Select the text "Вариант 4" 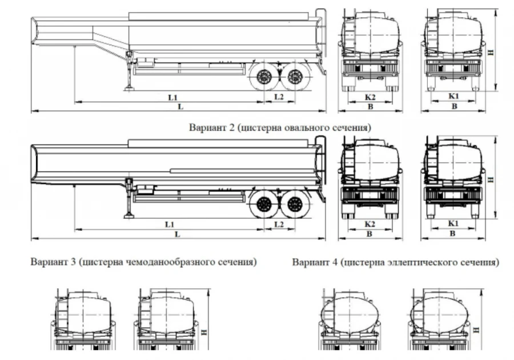(314, 262)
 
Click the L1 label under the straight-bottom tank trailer (170, 224)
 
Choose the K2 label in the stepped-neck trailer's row (370, 97)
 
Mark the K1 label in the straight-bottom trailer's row (454, 224)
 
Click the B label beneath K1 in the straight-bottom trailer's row (454, 234)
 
